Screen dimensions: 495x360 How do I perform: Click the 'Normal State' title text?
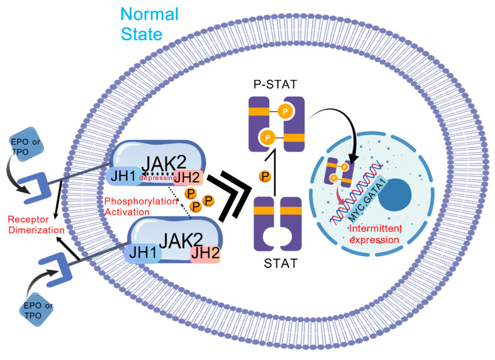point(149,24)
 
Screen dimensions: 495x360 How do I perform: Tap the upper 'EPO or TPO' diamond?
point(25,145)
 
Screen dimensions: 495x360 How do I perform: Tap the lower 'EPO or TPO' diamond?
point(36,310)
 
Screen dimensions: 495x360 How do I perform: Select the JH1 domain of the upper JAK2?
point(124,176)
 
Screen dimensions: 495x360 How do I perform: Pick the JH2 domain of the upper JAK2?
point(188,177)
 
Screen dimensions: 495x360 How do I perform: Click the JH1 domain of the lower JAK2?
point(143,252)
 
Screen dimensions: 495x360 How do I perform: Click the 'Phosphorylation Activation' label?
point(141,206)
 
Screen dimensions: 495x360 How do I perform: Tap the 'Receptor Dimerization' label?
point(36,225)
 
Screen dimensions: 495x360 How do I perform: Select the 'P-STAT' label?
point(275,84)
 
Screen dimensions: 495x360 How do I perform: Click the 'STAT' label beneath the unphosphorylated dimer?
point(281,263)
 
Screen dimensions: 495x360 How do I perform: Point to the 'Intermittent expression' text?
point(375,234)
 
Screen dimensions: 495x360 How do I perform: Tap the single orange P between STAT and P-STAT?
point(265,176)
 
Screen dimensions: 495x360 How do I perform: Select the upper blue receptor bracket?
point(34,188)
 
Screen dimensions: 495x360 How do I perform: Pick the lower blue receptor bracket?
point(55,269)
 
